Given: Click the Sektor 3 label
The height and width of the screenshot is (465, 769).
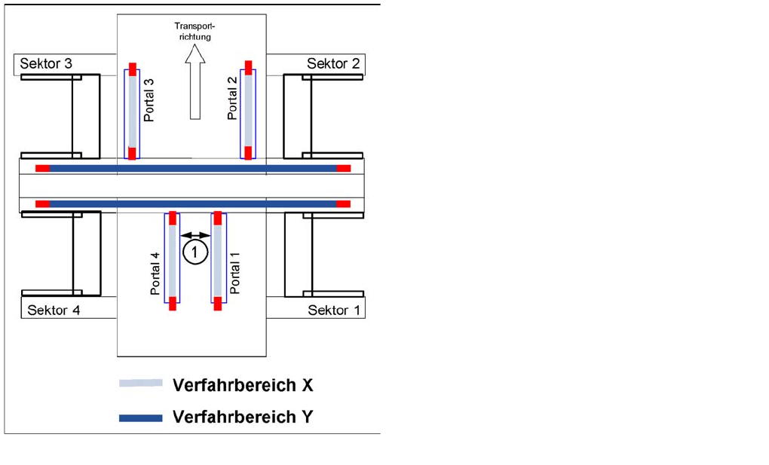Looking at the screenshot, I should point(46,63).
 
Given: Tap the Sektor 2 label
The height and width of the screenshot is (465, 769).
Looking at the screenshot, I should point(332,63).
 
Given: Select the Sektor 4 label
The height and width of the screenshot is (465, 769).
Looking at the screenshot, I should point(54,310).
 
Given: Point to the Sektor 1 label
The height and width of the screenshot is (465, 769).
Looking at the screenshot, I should point(328,310).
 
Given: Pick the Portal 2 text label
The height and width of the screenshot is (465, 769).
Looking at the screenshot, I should point(232,98).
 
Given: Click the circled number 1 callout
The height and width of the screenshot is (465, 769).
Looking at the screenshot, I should point(195,252).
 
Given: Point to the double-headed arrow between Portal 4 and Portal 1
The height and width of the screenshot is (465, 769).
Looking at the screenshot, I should point(196,235).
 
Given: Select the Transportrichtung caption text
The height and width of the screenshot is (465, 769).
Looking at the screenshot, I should point(195,31).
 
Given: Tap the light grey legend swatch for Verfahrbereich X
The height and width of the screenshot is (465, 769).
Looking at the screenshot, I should point(141,384).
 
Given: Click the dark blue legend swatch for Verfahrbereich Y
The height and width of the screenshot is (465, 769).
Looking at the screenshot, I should point(141,418).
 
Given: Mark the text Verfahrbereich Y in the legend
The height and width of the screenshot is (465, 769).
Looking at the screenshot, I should point(242,417).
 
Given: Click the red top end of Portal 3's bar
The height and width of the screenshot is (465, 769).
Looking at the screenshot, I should point(133,69).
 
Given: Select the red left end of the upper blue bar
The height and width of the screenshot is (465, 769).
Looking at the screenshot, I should point(42,167).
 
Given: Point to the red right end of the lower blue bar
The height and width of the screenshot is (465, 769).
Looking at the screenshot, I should point(343,203).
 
